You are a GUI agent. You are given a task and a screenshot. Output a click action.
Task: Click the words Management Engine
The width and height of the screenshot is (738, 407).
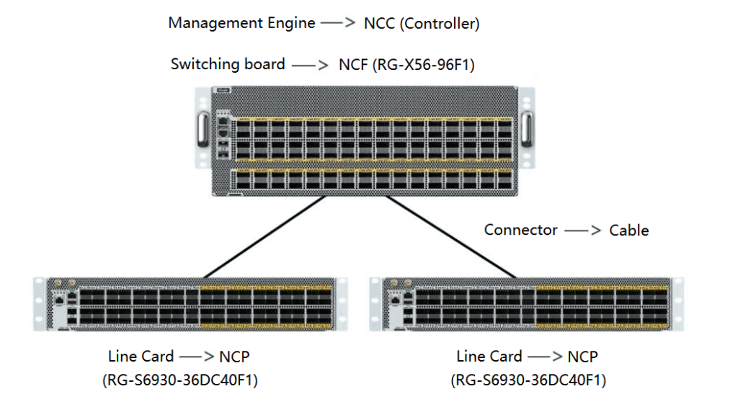(241, 23)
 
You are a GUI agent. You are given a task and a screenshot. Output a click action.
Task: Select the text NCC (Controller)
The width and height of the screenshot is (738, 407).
(422, 23)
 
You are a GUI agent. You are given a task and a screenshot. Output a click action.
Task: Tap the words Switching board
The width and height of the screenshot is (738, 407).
(228, 64)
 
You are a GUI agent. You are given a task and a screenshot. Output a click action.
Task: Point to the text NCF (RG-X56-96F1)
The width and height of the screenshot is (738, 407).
(406, 65)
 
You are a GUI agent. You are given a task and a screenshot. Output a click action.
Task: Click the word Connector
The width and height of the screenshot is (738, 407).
(520, 230)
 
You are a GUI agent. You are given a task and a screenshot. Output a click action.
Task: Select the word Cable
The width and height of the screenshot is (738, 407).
(628, 231)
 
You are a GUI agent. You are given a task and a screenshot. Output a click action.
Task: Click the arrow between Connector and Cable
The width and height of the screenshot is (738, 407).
(584, 231)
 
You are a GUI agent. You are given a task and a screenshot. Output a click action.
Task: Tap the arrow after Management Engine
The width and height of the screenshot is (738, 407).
(339, 23)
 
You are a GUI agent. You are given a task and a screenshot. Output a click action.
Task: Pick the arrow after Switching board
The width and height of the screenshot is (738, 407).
(311, 65)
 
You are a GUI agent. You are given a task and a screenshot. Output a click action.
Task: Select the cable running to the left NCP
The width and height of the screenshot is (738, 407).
(259, 237)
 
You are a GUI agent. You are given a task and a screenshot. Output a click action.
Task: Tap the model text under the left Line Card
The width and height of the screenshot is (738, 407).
(180, 380)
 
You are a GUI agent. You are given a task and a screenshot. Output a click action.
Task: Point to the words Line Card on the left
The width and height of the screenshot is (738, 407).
(141, 357)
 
